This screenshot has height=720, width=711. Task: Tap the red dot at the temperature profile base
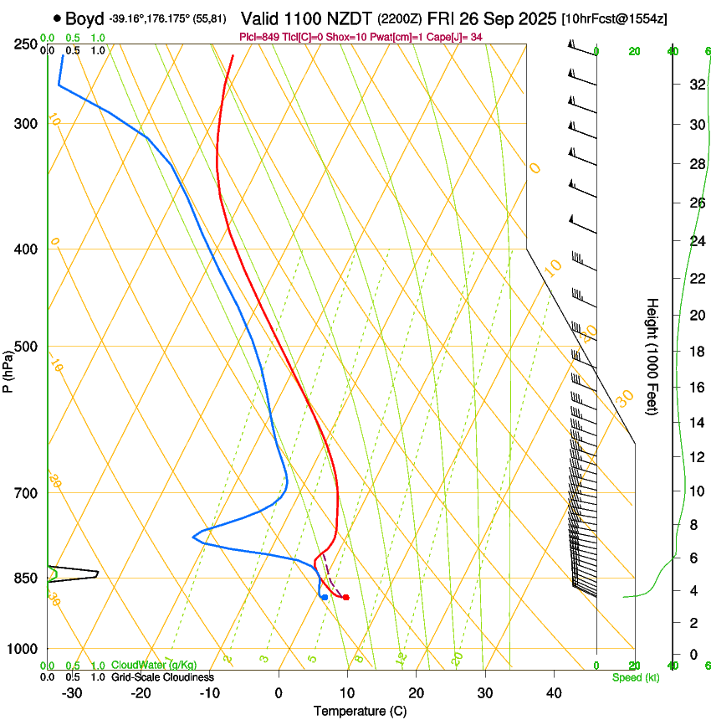[x=345, y=597]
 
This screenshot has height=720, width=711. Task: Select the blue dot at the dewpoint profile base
[x=324, y=597]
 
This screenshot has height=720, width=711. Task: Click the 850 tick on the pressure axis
[x=28, y=578]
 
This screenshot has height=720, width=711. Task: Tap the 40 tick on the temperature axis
[x=554, y=692]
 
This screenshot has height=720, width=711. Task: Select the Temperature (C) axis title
[x=361, y=711]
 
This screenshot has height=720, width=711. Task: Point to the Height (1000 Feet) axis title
[x=652, y=356]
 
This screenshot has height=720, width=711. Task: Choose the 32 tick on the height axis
[x=696, y=84]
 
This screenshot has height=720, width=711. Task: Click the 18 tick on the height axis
[x=696, y=352]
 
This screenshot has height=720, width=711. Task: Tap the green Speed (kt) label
[x=636, y=676]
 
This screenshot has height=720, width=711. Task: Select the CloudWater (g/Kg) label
[x=154, y=665]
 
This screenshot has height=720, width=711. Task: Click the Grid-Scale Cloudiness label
[x=162, y=676]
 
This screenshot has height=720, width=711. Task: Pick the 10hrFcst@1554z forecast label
[x=615, y=18]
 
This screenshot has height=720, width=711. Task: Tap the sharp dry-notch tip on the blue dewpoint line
[x=192, y=536]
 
